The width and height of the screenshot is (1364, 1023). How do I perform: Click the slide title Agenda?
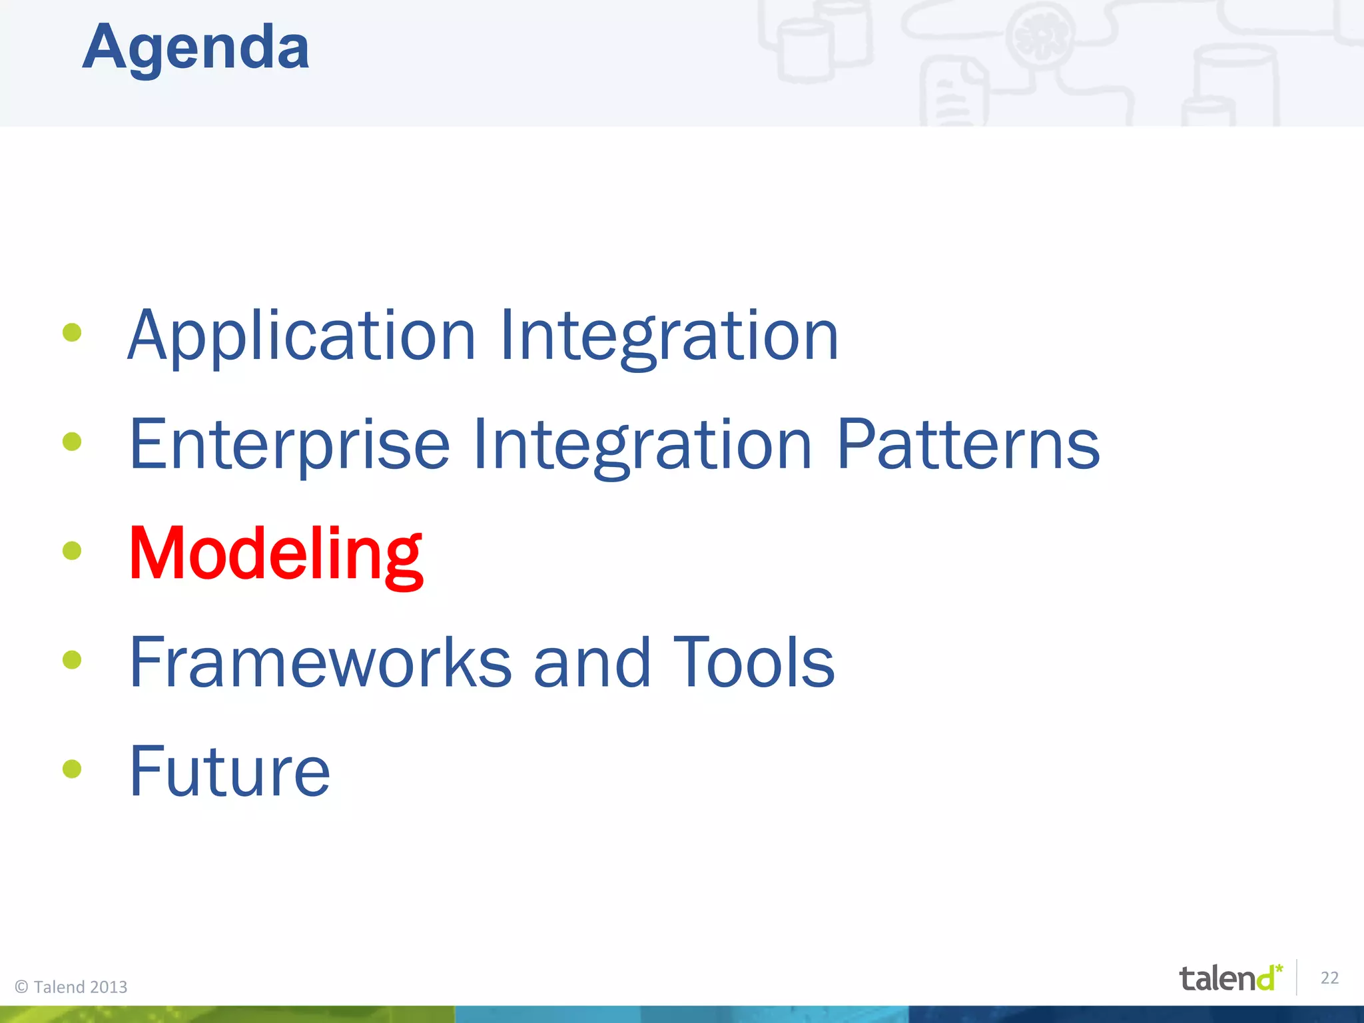(196, 48)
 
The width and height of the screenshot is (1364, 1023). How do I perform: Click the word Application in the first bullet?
(301, 336)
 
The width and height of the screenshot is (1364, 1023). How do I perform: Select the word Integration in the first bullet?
(669, 336)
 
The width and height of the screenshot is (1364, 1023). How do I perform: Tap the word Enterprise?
(290, 445)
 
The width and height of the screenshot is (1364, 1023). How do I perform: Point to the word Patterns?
(967, 445)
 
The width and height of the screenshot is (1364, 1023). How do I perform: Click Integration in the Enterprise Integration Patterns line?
(642, 445)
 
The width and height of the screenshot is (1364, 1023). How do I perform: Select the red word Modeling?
(276, 554)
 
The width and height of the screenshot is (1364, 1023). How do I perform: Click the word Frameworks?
(320, 663)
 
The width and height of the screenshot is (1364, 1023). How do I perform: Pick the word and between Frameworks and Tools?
(591, 663)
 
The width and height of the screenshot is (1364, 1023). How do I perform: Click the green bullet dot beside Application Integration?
(72, 332)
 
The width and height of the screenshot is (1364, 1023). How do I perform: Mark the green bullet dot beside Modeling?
(72, 551)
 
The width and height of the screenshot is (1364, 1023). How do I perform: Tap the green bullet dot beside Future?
(72, 769)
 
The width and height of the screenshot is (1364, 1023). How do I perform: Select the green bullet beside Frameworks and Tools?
(72, 660)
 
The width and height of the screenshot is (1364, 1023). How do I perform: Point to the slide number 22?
(1329, 978)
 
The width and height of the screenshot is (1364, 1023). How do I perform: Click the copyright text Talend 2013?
(71, 987)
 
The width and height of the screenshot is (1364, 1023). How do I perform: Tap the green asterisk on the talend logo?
(1279, 967)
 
